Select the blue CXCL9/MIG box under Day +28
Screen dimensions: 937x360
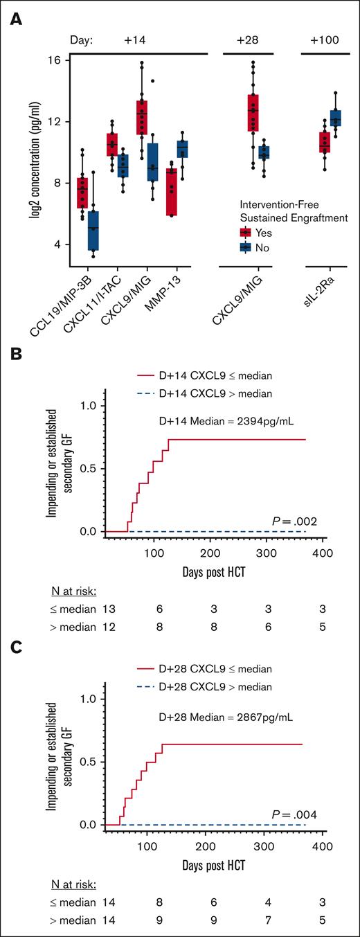tap(264, 152)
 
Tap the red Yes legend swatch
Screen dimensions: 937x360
tap(245, 232)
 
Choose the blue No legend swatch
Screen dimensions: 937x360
tap(245, 247)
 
